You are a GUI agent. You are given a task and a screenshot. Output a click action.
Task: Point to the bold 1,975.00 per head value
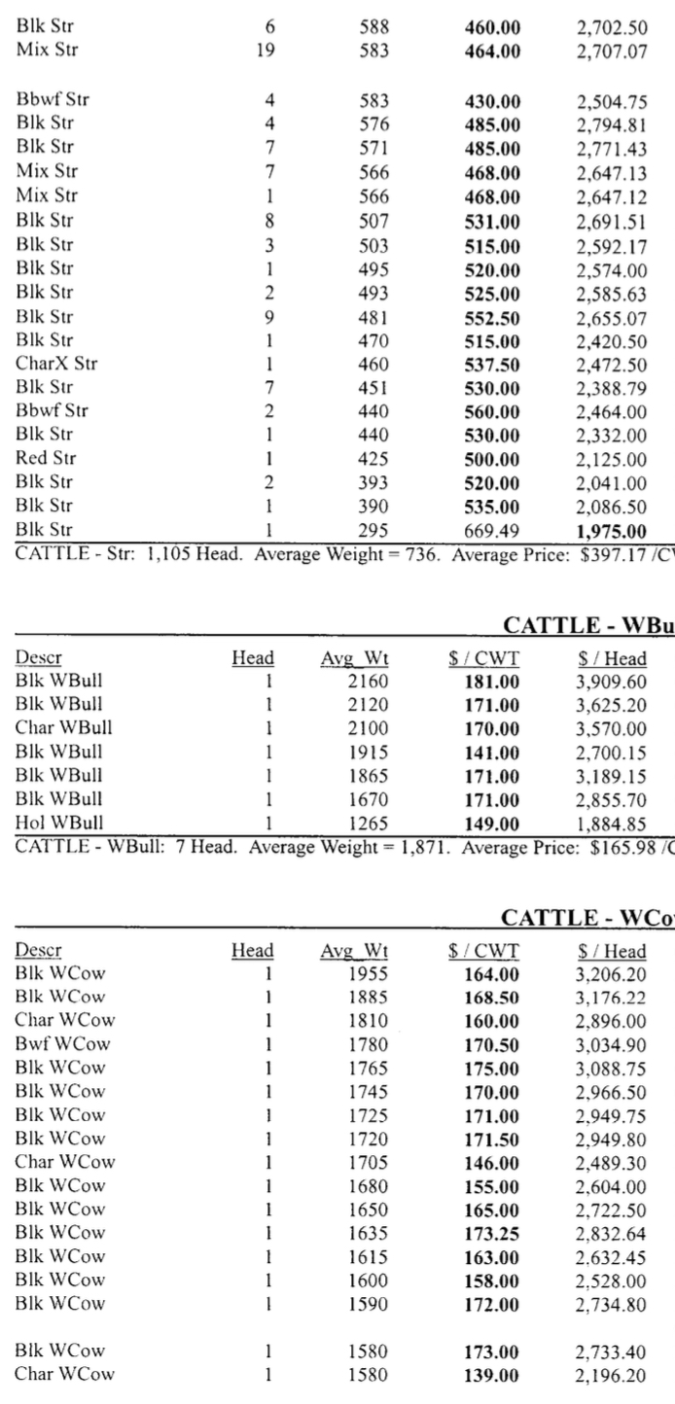point(609,530)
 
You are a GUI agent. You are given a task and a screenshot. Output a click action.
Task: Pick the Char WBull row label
point(54,704)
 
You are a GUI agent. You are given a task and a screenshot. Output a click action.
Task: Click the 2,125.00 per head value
point(609,459)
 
